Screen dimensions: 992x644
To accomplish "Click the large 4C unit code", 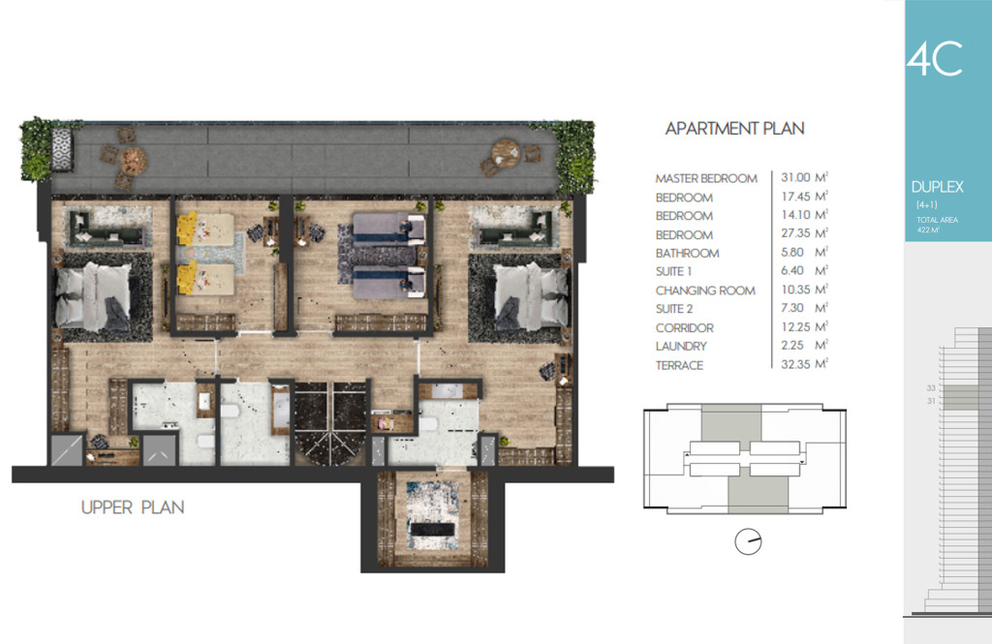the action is coord(935,59).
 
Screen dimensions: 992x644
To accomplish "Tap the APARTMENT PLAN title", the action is coord(734,129).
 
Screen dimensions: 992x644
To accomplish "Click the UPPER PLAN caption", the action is coord(133,507).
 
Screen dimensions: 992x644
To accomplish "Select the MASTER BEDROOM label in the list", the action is coord(706,179).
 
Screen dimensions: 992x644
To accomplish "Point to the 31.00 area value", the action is coord(795,178).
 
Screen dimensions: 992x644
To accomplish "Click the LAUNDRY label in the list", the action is coord(681,347).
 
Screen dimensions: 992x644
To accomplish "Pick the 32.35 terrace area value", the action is coord(795,364).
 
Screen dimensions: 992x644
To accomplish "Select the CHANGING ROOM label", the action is coord(705,291).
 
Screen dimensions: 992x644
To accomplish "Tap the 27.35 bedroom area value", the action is coord(795,233).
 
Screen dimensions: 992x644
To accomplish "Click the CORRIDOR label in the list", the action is coord(685,328).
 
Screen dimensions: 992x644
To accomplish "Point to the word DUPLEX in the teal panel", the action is coord(937,187).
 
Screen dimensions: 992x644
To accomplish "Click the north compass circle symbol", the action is coord(748,542).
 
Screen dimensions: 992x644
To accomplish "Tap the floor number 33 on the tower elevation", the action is coord(931,388).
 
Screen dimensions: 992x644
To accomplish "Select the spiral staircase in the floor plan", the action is coord(329,423).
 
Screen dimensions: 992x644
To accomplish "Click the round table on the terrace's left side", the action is coord(134,160).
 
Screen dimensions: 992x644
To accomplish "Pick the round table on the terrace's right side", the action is coord(506,153).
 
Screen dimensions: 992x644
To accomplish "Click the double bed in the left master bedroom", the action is coord(94,297).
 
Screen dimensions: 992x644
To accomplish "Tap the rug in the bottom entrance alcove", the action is coord(432,515).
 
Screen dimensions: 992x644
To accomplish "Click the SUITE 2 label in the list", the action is coord(674,309).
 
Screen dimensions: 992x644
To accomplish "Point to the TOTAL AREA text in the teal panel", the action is coord(937,220).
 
